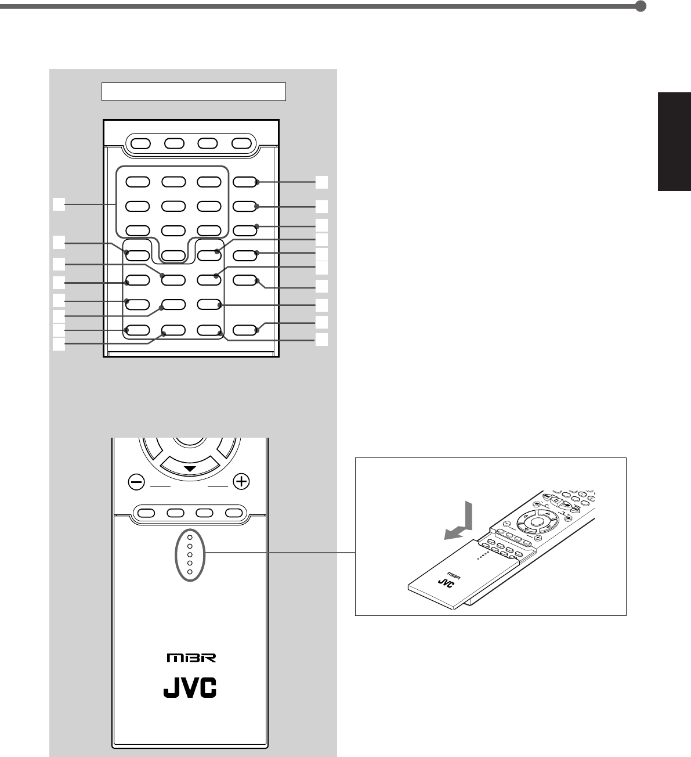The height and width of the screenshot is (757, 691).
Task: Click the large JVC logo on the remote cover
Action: tap(189, 687)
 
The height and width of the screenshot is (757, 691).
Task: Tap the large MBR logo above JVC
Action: tap(189, 658)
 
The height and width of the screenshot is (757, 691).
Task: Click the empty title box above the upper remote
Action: tap(194, 92)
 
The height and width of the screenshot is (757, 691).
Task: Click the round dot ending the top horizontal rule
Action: tap(641, 7)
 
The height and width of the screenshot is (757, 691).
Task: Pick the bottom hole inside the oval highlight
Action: tap(189, 572)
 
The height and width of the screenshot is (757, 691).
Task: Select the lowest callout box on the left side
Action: tap(58, 344)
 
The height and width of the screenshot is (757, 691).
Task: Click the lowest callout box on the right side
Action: tap(322, 340)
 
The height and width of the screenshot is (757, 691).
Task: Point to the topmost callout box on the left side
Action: tap(58, 204)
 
